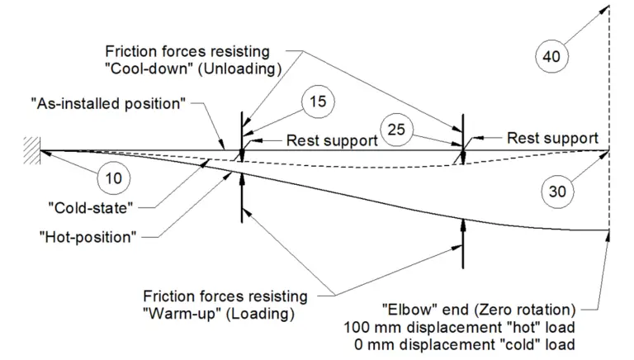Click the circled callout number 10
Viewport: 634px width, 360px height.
pyautogui.click(x=114, y=176)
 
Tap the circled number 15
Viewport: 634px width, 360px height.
pyautogui.click(x=317, y=102)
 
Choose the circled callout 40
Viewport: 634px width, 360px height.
pyautogui.click(x=551, y=57)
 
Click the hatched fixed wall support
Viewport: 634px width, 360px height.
pyautogui.click(x=31, y=150)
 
